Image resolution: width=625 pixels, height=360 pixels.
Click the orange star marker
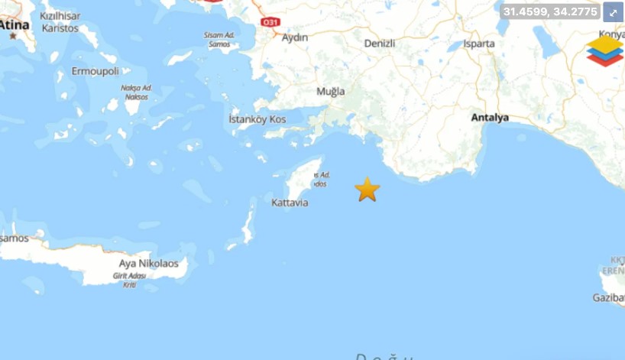coord(368,189)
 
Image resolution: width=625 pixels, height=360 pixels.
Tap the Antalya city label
coord(490,118)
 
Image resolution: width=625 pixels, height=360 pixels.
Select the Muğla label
coord(331,92)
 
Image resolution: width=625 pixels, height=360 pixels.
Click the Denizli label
coord(379,44)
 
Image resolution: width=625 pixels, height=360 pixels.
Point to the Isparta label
coord(479,44)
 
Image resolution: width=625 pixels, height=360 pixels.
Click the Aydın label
coord(295,37)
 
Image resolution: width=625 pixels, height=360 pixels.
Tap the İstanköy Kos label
coord(257,120)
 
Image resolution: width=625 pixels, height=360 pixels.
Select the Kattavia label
coord(290,203)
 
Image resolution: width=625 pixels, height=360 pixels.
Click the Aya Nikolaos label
coord(148,264)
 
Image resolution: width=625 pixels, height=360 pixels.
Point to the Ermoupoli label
coord(96,71)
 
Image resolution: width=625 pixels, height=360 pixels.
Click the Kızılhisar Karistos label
coord(60,22)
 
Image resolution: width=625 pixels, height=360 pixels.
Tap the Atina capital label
coord(15,24)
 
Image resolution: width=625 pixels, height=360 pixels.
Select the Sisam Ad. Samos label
coord(219,40)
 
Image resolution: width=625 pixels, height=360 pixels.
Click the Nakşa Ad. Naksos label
coord(136,92)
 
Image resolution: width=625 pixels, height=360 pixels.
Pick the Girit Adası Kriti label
coord(130,280)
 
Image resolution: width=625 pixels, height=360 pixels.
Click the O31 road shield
coord(270,22)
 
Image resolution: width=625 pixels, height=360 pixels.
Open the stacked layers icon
coord(604,50)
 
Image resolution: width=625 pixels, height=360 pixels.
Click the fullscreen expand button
coord(614,11)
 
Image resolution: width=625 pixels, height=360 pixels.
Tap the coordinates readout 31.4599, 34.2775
coord(550,11)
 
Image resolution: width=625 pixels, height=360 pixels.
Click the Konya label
coord(613,34)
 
